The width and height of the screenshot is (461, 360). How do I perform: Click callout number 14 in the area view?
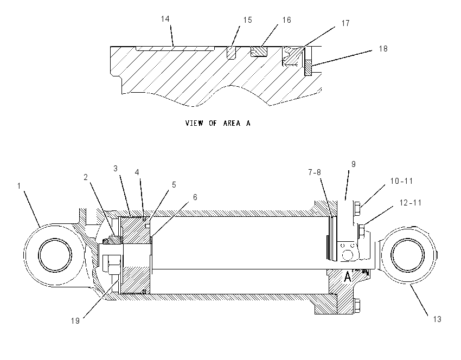click(x=165, y=19)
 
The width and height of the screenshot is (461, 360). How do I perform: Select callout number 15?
click(x=247, y=20)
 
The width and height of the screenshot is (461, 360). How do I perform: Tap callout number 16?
click(x=287, y=20)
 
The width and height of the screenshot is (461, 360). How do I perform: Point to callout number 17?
click(x=345, y=23)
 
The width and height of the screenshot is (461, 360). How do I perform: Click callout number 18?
click(x=383, y=49)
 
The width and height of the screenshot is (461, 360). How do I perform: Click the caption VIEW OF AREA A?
click(x=218, y=123)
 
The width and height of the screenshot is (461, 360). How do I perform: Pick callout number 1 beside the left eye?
click(x=19, y=186)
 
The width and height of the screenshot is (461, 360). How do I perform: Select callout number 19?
click(x=75, y=320)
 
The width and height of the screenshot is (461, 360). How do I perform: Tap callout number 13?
click(x=437, y=319)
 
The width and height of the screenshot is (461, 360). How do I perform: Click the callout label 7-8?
click(x=315, y=172)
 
